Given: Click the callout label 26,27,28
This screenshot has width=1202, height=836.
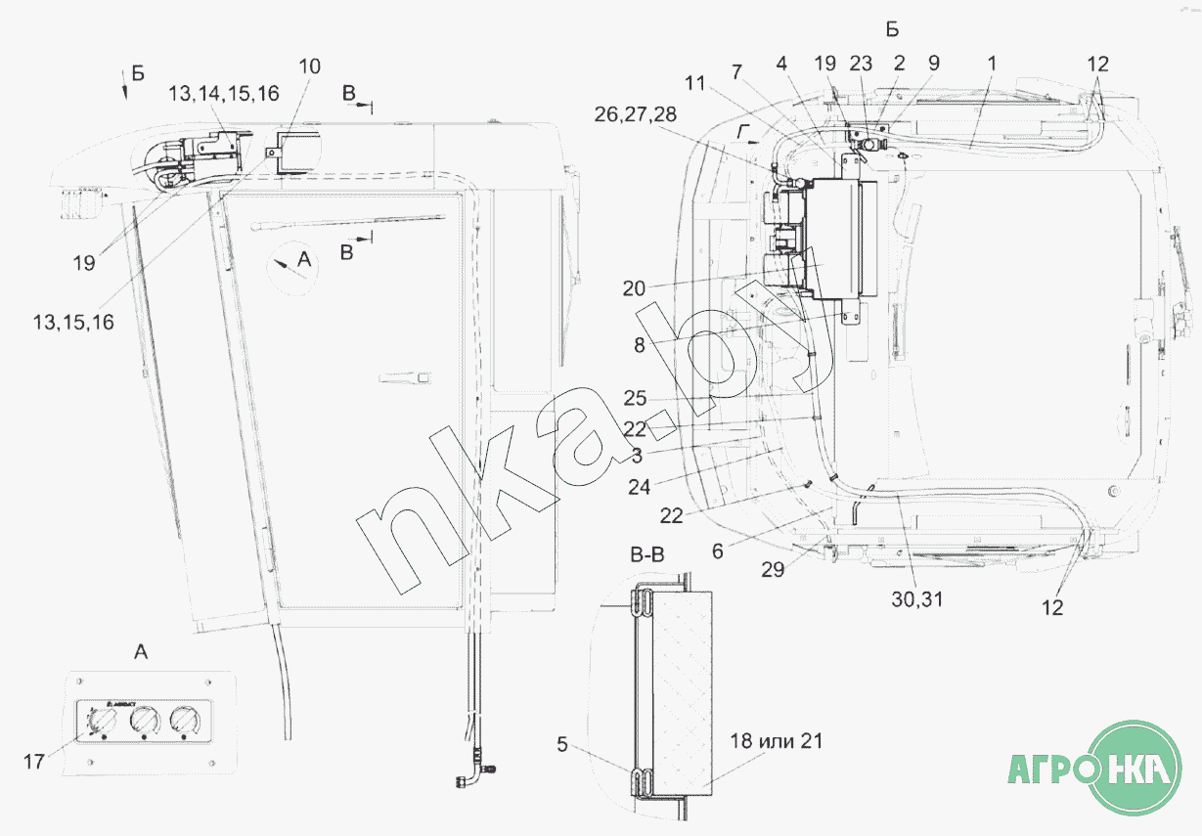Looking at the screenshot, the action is point(636,114).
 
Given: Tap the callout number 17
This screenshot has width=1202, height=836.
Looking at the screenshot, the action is point(34,762).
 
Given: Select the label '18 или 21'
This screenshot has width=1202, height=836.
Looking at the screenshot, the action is point(776,741).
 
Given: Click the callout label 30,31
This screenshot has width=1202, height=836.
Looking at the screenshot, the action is point(917,599).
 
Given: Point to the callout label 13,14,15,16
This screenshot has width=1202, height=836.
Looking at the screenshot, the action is point(224,94).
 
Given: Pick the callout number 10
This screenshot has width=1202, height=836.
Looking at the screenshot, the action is point(310,66).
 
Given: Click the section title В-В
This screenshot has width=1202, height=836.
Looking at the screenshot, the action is point(647,554).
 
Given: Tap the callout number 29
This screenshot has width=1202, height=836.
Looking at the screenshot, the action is point(773,570).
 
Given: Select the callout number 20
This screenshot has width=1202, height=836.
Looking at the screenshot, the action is point(634,288).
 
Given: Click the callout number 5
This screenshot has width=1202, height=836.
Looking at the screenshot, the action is point(561,744).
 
